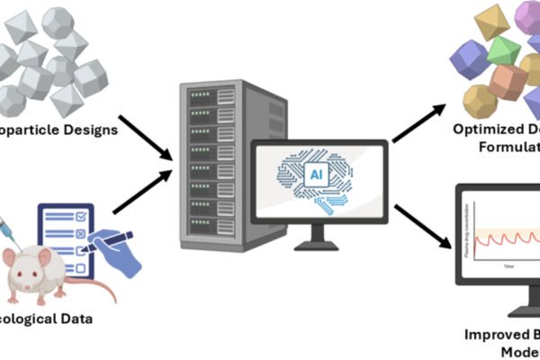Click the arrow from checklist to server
pos(144,189)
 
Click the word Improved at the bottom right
pos(490,334)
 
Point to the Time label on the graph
pos(508,267)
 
